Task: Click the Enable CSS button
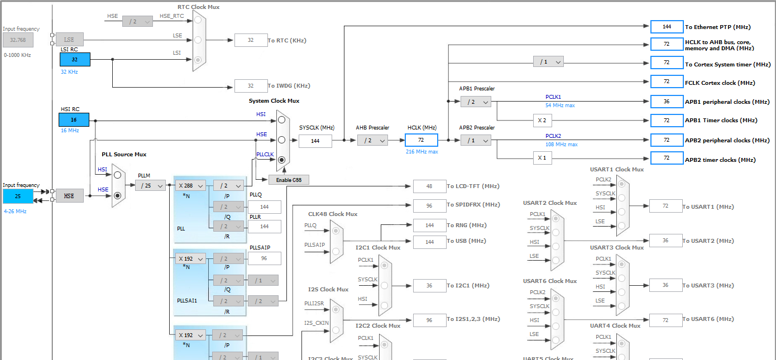pos(289,180)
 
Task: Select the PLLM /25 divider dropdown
pos(150,185)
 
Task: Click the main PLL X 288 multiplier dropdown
pos(190,185)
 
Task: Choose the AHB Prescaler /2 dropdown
pos(372,141)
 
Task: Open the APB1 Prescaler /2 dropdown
pos(476,102)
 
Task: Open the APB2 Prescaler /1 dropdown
pos(476,141)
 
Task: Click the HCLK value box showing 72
pos(421,141)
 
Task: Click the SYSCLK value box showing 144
pos(315,141)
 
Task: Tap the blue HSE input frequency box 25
pos(18,196)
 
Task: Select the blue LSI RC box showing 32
pos(74,60)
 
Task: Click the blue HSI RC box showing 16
pos(74,120)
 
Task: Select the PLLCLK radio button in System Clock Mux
pos(281,160)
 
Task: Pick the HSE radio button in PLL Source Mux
pos(117,196)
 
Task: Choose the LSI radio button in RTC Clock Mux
pos(198,60)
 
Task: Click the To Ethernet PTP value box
pos(667,27)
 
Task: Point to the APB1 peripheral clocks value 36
pos(667,102)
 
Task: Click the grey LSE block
pos(69,40)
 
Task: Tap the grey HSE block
pos(69,196)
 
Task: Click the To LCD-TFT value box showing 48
pos(429,186)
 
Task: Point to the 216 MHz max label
pos(422,152)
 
